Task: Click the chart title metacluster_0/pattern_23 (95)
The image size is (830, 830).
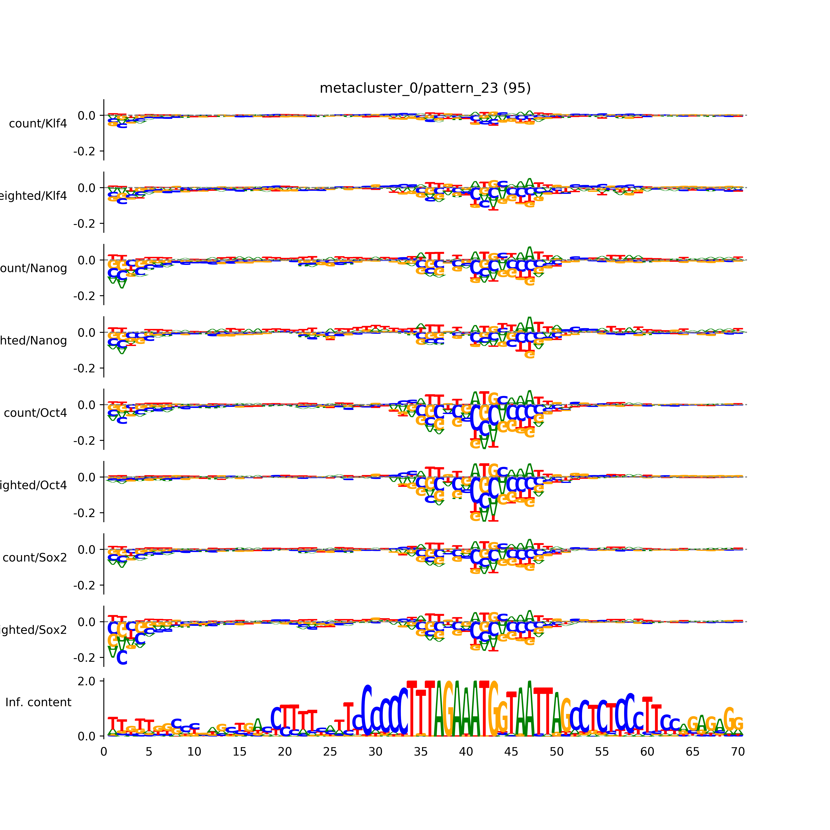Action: tap(425, 88)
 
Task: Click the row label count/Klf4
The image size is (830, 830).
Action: tap(38, 124)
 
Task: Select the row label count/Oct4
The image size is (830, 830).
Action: tap(35, 413)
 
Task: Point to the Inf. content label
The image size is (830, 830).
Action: tap(38, 702)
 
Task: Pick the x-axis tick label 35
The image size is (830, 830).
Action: tap(421, 752)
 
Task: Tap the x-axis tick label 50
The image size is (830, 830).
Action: tap(556, 752)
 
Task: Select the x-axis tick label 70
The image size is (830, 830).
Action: tap(738, 752)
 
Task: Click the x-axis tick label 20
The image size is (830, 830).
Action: tap(285, 752)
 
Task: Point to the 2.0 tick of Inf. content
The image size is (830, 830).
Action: tap(87, 681)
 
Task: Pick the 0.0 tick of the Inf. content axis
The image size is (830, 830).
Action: tap(87, 736)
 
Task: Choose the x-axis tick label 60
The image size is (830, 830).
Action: tap(647, 752)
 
